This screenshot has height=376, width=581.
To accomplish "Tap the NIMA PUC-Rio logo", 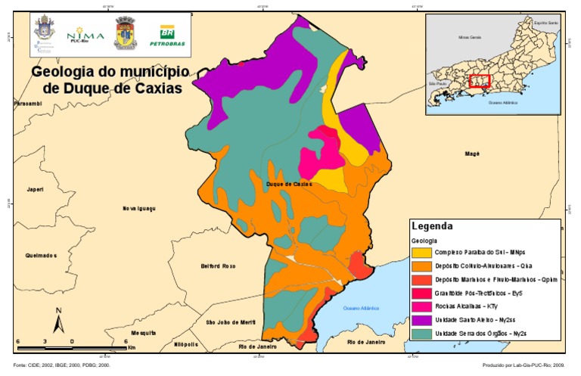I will coord(80,35).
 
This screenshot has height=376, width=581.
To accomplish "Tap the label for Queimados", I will coord(41,255).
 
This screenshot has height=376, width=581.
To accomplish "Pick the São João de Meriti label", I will coord(231,322).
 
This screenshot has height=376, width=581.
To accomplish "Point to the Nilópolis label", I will coord(185,344).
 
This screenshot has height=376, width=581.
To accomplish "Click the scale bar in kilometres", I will coord(71,346).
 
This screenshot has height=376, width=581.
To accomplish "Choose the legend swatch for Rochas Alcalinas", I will coord(422,306).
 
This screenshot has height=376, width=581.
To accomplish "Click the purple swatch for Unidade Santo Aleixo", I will coord(422,319).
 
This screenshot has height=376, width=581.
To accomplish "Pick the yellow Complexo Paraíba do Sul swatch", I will coord(422,251).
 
